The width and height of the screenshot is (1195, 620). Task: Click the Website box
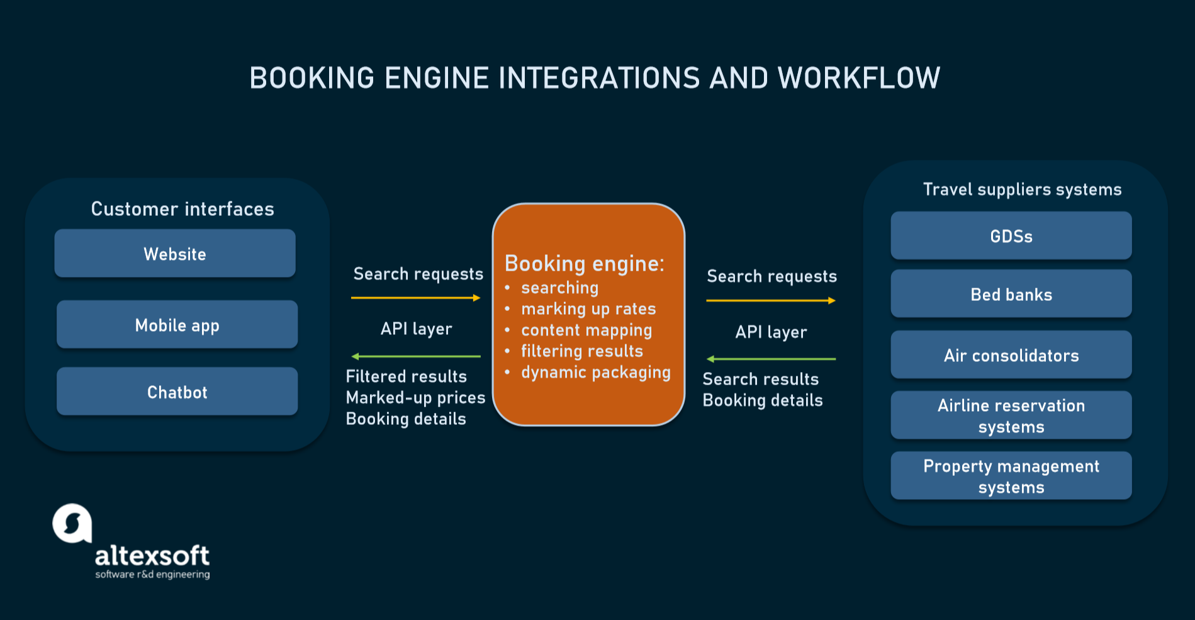175,254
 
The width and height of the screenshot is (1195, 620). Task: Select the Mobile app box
177,325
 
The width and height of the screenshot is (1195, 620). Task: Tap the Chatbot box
177,392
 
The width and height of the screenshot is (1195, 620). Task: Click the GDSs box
1011,236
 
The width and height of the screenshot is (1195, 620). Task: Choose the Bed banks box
1011,294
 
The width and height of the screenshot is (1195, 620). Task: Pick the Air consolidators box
1011,355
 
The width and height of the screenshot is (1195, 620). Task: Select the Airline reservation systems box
1011,415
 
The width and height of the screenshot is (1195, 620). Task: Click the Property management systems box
1011,476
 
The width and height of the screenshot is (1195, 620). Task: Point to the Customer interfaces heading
182,209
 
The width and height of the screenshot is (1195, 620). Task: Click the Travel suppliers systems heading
1022,189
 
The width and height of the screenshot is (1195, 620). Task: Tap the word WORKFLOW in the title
859,79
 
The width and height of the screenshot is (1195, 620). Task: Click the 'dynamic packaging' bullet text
595,372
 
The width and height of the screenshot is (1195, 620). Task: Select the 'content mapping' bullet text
586,330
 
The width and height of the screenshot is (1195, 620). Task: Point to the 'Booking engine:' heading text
584,263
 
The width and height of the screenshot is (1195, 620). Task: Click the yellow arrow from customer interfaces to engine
415,298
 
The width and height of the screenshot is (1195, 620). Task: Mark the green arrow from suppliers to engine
771,359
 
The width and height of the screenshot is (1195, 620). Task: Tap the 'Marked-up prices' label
415,398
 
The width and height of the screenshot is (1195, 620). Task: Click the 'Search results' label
760,379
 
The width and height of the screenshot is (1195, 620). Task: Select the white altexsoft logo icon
72,523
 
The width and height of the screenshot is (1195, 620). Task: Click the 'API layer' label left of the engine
416,329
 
